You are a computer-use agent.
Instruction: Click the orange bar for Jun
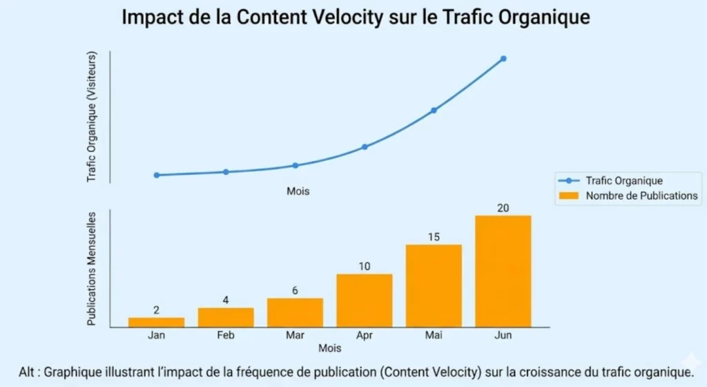point(503,271)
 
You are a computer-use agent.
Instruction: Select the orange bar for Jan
point(156,322)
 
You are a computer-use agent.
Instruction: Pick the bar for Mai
point(434,285)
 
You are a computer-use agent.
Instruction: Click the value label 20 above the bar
point(503,207)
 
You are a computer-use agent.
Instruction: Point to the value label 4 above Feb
point(226,300)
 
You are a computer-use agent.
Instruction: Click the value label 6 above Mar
point(295,290)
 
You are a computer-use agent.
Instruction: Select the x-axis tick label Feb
point(226,335)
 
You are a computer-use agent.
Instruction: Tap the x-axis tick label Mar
point(295,335)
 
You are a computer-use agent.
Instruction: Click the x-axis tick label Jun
point(503,335)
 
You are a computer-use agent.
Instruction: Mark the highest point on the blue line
point(503,59)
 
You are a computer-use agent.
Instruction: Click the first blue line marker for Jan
point(157,175)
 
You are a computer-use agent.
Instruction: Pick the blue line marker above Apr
point(365,147)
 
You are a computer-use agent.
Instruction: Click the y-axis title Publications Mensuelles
point(92,269)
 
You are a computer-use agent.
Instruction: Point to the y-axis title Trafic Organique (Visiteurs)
point(92,117)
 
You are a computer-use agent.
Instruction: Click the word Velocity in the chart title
point(343,17)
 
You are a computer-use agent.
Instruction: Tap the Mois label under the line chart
point(298,191)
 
